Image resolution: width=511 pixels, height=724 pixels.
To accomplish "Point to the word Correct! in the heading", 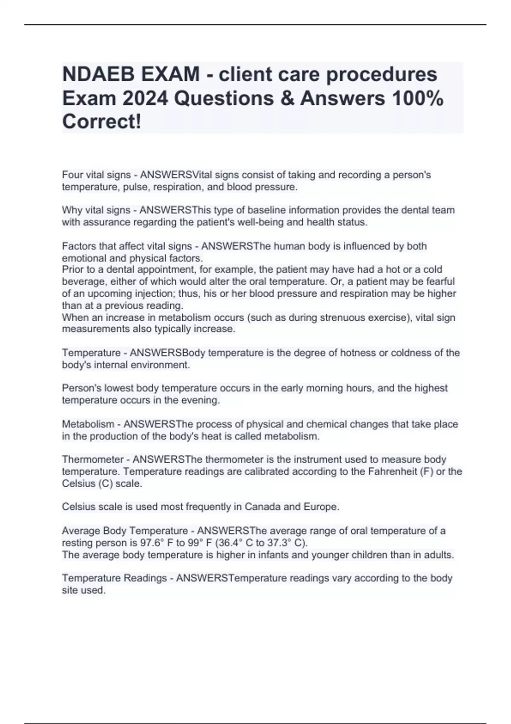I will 101,122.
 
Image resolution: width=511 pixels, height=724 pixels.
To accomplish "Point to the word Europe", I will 321,507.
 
